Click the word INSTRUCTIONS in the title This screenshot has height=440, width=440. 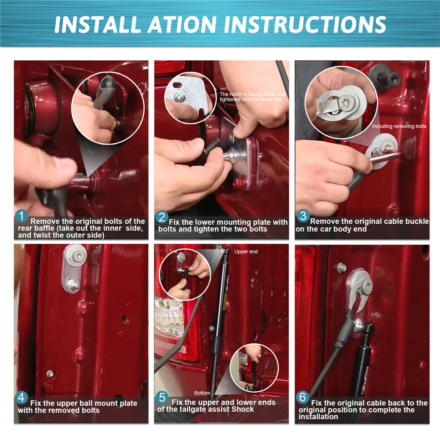[305, 24]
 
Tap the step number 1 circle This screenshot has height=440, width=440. [22, 216]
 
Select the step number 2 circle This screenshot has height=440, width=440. [162, 217]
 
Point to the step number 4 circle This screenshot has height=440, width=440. [22, 398]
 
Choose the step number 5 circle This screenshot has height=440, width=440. [162, 398]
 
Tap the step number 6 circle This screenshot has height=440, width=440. [302, 397]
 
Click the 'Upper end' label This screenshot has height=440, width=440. [246, 252]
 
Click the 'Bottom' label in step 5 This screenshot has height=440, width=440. [202, 393]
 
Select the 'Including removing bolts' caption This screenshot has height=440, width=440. [399, 126]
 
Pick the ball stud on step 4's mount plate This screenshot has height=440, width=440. [73, 285]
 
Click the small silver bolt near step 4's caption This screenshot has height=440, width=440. [50, 374]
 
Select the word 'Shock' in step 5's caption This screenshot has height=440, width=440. [243, 409]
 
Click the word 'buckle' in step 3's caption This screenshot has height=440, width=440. [416, 222]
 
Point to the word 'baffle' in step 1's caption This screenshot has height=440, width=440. [43, 229]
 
